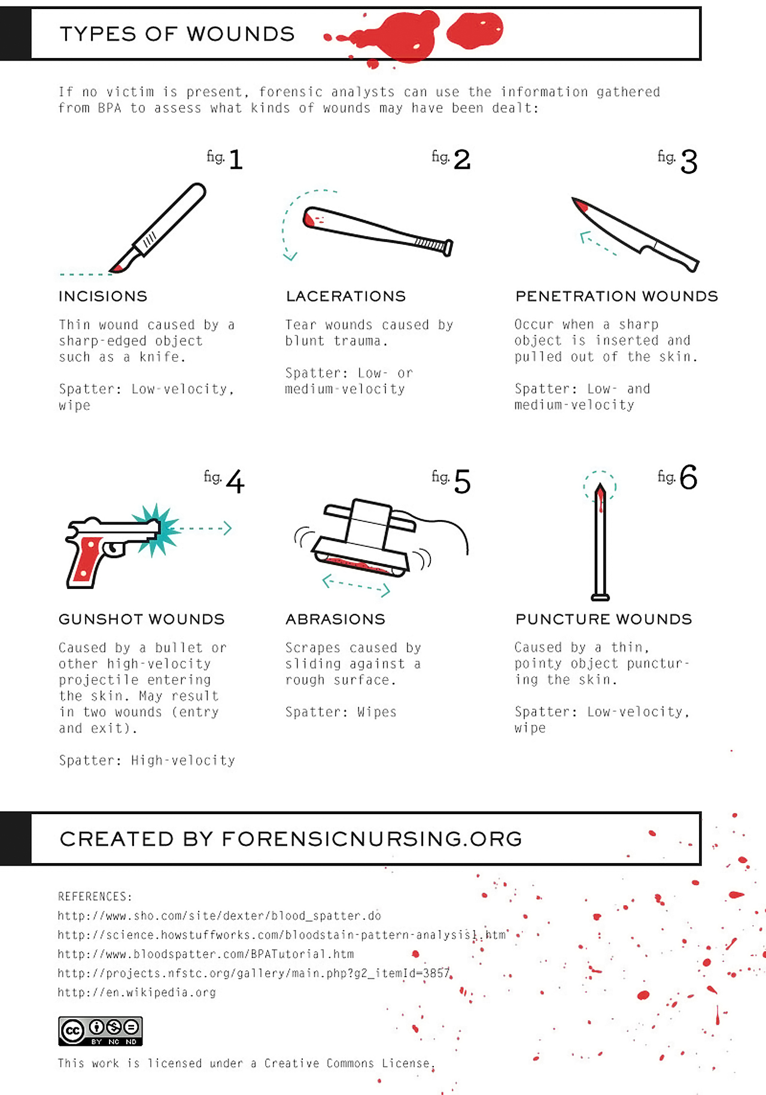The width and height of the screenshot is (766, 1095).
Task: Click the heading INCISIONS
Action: click(103, 296)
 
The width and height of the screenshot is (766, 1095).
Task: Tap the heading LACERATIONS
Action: click(346, 296)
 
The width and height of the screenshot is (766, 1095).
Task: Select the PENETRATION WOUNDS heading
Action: click(616, 296)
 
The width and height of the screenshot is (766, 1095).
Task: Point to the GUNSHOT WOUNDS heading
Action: click(142, 619)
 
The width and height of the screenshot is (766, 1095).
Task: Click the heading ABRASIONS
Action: click(335, 619)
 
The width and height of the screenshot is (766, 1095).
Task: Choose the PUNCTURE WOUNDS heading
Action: click(603, 619)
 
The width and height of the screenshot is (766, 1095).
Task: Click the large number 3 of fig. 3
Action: click(689, 162)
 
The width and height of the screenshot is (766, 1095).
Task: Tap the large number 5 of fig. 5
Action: click(462, 482)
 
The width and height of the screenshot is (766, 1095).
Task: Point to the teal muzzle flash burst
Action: click(157, 530)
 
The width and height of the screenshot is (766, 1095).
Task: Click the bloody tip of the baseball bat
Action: click(309, 218)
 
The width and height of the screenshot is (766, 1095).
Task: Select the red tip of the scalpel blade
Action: click(117, 268)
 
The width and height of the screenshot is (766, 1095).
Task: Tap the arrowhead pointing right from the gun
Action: click(227, 528)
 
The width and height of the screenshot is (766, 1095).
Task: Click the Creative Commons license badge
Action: click(100, 1030)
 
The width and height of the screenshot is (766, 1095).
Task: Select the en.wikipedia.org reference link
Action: click(136, 992)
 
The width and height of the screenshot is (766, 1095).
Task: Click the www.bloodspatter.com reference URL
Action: click(205, 954)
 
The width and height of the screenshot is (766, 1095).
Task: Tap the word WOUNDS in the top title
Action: click(241, 34)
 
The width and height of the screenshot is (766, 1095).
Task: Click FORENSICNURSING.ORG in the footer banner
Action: click(372, 839)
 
